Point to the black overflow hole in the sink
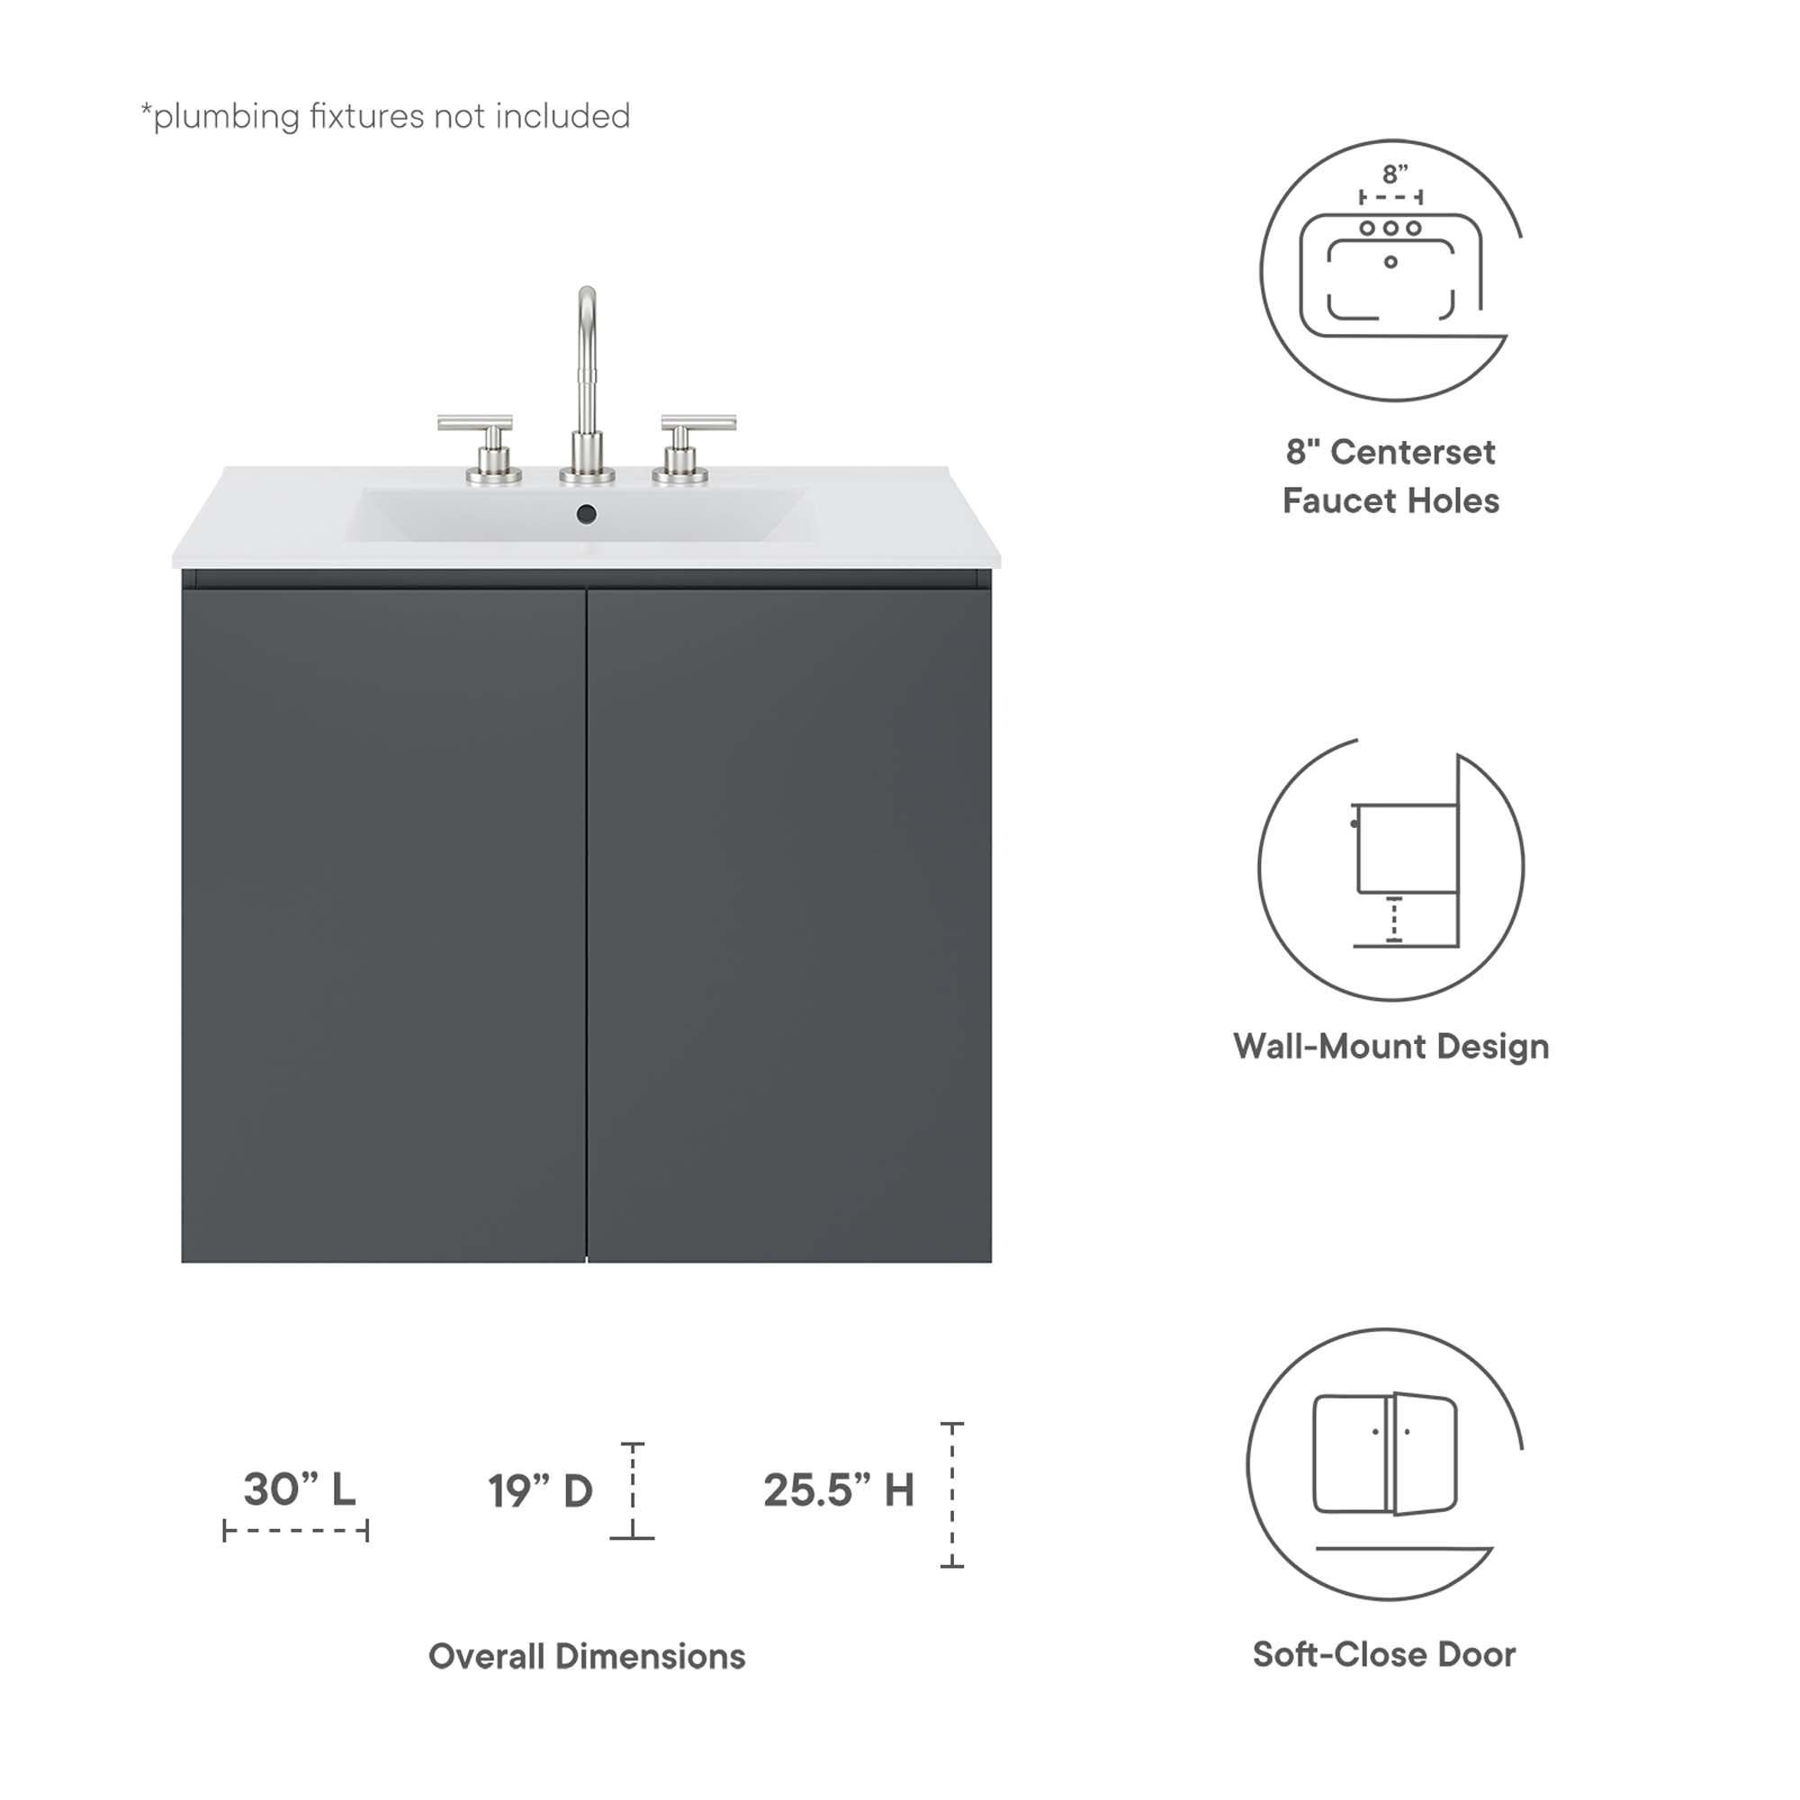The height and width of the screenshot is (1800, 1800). pyautogui.click(x=586, y=513)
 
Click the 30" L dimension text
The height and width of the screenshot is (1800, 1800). pyautogui.click(x=299, y=1489)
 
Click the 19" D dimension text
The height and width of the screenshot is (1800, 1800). pyautogui.click(x=539, y=1490)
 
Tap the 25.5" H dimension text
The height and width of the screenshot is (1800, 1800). pyautogui.click(x=839, y=1489)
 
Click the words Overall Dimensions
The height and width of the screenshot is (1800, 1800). pyautogui.click(x=586, y=1656)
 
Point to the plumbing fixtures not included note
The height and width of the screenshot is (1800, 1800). pyautogui.click(x=385, y=116)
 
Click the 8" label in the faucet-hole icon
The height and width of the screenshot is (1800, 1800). pyautogui.click(x=1394, y=175)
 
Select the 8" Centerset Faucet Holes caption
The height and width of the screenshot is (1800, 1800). pyautogui.click(x=1390, y=476)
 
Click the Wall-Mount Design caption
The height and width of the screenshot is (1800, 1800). pyautogui.click(x=1390, y=1047)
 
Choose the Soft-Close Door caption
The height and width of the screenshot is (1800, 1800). pyautogui.click(x=1383, y=1653)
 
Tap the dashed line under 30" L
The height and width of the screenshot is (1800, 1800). pyautogui.click(x=295, y=1530)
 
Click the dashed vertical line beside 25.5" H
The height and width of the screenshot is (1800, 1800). pyautogui.click(x=951, y=1495)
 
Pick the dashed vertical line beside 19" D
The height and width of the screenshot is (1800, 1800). pyautogui.click(x=633, y=1490)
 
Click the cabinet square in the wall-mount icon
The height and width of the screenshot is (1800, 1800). pyautogui.click(x=1407, y=849)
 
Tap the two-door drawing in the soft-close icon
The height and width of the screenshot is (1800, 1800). pyautogui.click(x=1384, y=1453)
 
